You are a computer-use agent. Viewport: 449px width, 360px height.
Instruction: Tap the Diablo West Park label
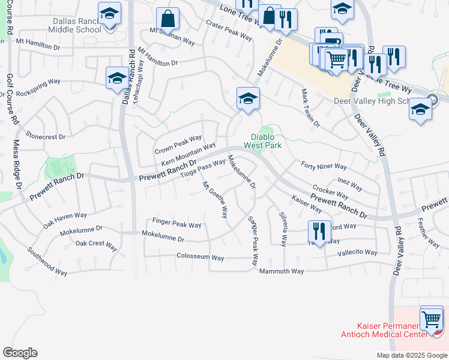point(263,141)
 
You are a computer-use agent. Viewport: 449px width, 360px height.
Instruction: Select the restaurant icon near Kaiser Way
point(319,232)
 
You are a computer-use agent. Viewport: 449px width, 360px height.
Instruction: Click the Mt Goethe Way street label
point(215,199)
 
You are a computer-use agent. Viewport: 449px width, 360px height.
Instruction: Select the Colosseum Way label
point(200,257)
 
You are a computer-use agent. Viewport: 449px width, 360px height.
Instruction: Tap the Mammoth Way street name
point(282,271)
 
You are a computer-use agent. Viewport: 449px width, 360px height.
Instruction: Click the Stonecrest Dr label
point(46,137)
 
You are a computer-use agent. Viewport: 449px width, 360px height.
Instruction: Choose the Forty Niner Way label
point(324,166)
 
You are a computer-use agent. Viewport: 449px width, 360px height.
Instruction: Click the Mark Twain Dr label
point(311,109)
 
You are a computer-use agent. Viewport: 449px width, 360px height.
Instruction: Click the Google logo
point(20,353)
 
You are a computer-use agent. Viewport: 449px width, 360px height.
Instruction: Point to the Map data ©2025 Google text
point(411,355)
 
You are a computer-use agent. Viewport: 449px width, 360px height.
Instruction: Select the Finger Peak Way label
point(176,224)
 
